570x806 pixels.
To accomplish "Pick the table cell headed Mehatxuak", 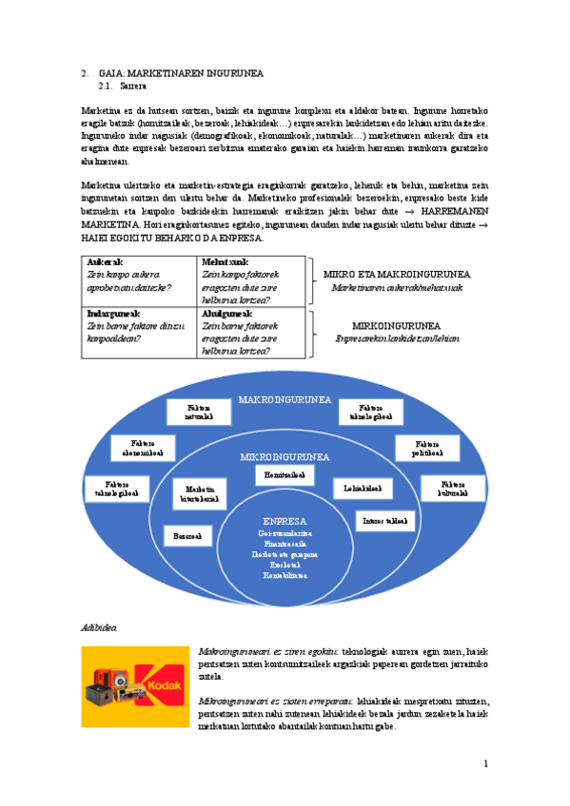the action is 250,281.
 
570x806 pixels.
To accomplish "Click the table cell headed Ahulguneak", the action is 250,332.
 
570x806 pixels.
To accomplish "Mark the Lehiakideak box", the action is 363,489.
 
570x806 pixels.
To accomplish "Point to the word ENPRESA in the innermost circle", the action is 285,522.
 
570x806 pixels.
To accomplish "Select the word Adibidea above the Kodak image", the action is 99,630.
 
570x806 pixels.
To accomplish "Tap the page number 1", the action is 485,763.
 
